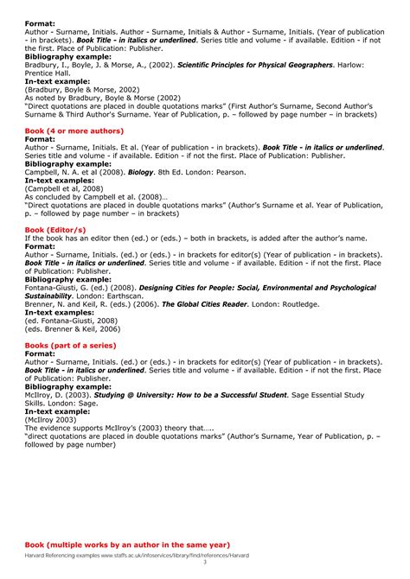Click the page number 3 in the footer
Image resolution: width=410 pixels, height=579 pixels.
coord(205,563)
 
